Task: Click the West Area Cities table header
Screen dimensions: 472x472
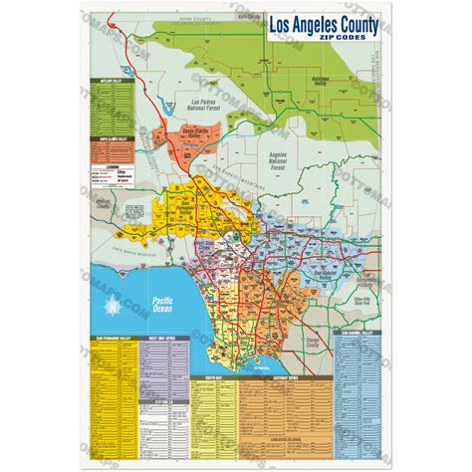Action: [160, 340]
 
